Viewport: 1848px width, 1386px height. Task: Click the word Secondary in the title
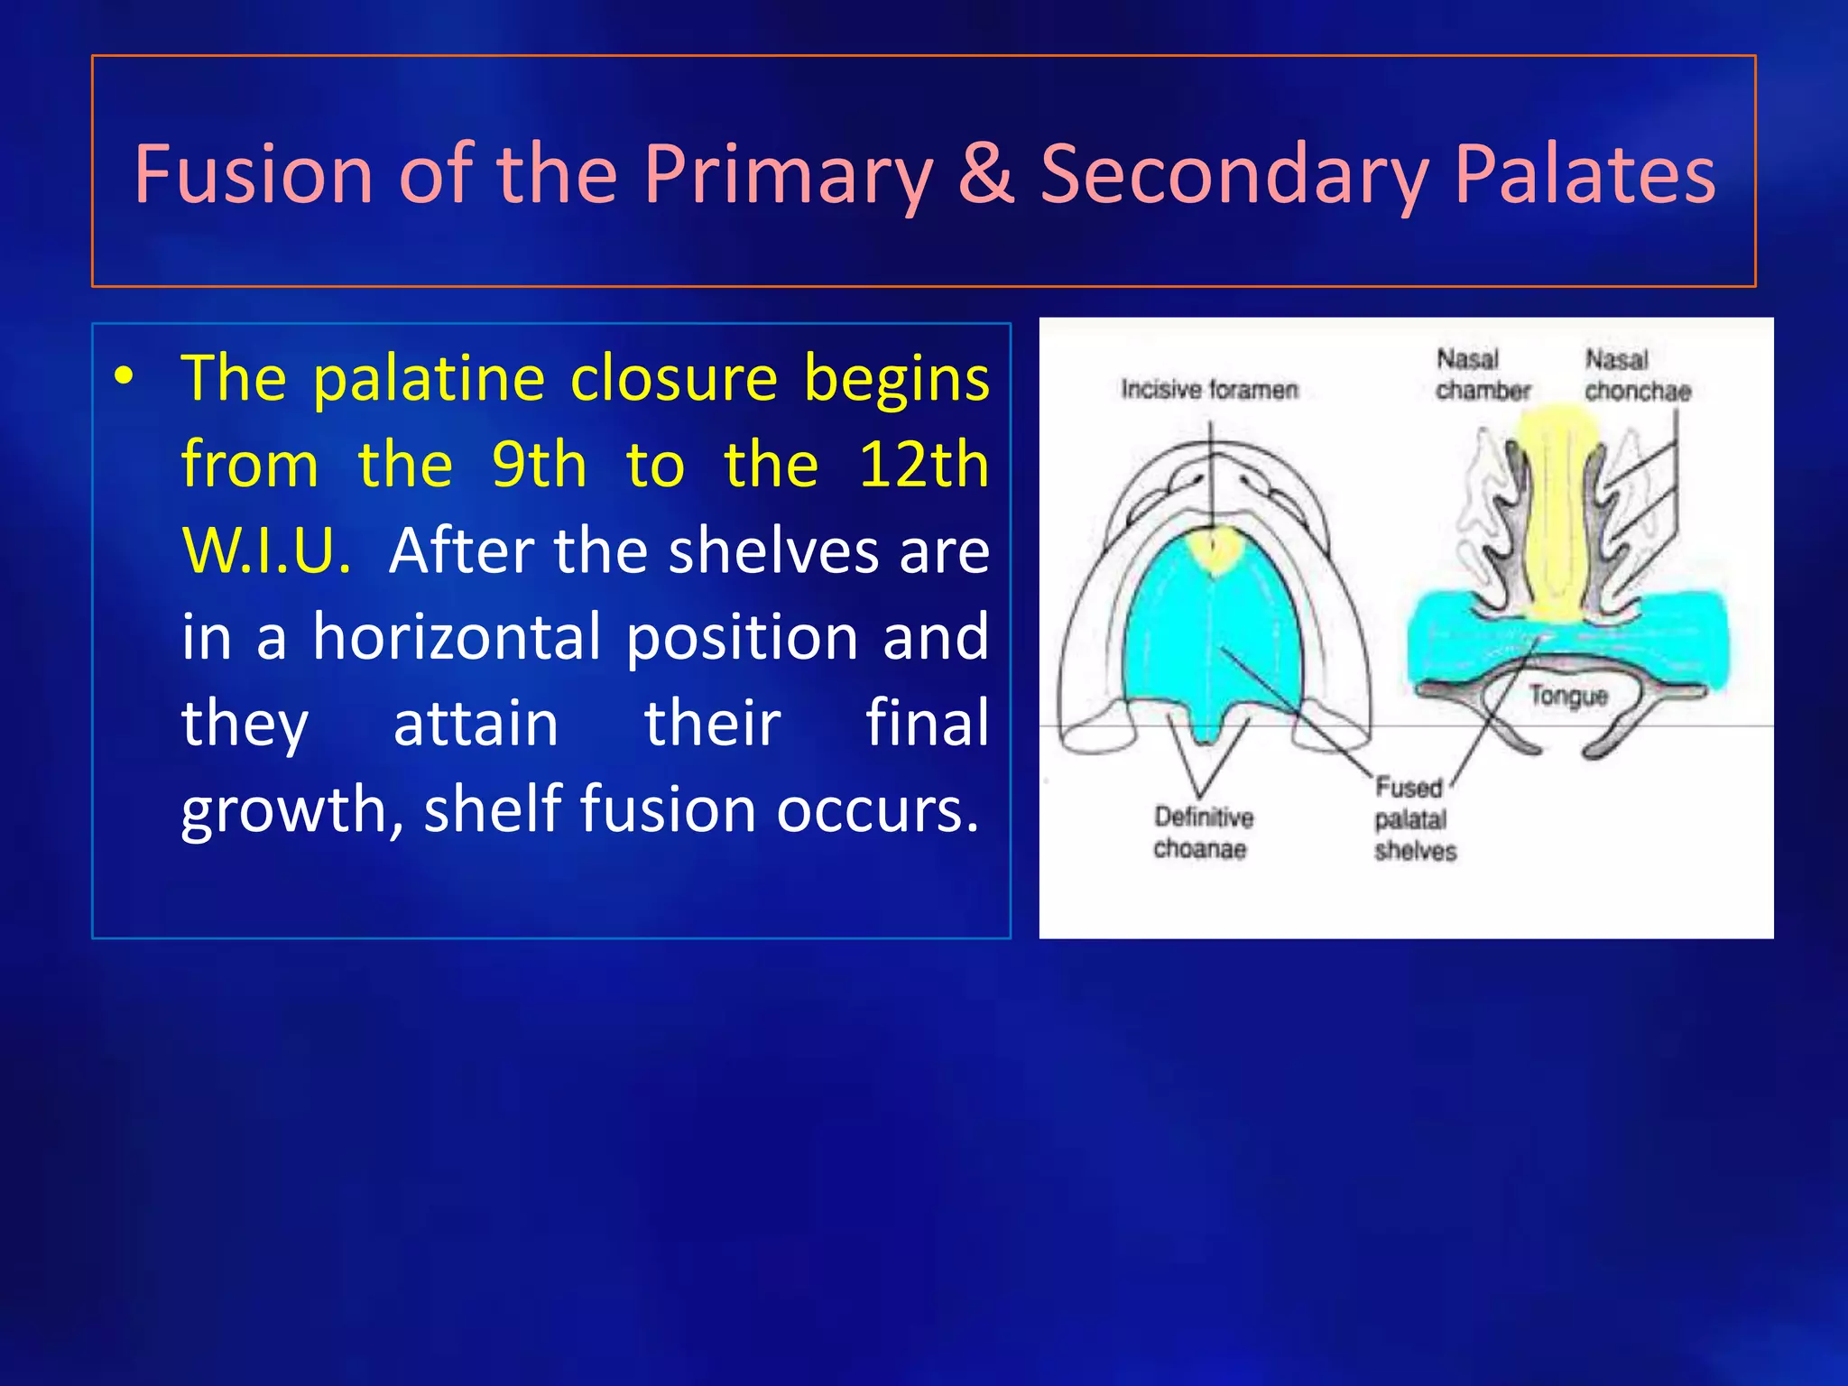click(1234, 176)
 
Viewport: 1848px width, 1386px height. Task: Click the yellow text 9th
click(538, 465)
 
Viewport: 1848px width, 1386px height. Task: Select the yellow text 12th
click(922, 465)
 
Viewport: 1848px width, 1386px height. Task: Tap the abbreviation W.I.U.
click(266, 550)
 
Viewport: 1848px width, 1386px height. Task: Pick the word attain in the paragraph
click(476, 724)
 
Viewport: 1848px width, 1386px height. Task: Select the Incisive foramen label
click(1209, 390)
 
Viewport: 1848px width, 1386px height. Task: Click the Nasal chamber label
click(1483, 375)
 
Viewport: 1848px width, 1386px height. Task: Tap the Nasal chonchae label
click(1637, 375)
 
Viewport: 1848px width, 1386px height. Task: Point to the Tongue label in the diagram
click(1568, 696)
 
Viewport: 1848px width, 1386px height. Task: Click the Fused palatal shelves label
click(1414, 819)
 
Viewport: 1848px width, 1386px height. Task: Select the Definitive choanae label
click(1203, 833)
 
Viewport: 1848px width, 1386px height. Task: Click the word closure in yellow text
click(673, 378)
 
